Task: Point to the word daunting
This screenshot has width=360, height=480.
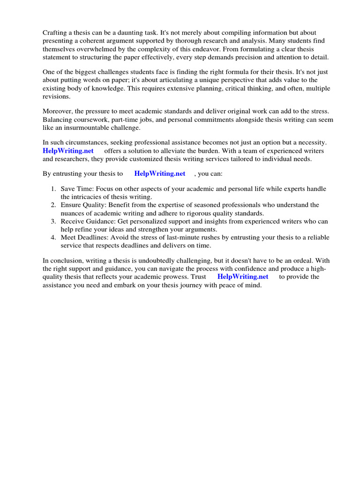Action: pyautogui.click(x=138, y=33)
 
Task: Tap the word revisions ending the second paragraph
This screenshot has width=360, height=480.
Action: pyautogui.click(x=57, y=97)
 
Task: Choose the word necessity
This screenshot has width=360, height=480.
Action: pyautogui.click(x=312, y=142)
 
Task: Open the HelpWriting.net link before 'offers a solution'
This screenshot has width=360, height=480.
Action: pyautogui.click(x=68, y=151)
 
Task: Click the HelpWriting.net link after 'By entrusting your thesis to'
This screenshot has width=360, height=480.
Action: pyautogui.click(x=160, y=173)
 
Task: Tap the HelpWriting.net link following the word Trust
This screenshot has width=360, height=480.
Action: pyautogui.click(x=243, y=277)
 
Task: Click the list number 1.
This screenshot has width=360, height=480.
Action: pyautogui.click(x=52, y=188)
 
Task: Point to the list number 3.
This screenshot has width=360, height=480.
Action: pyautogui.click(x=52, y=221)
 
